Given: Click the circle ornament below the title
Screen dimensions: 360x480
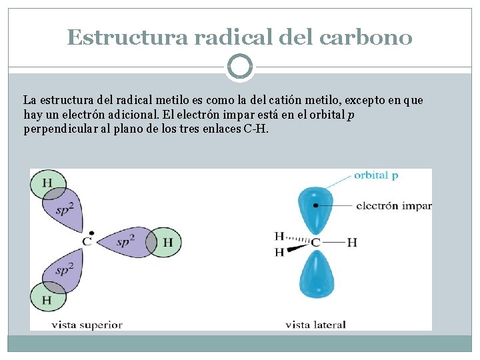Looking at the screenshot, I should (x=240, y=67).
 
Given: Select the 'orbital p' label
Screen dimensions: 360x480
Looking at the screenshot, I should (x=377, y=175).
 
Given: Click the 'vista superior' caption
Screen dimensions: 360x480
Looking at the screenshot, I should (x=87, y=325).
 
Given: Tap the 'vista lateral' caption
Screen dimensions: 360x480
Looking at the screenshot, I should (x=315, y=325).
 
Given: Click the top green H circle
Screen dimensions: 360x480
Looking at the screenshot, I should (x=47, y=183).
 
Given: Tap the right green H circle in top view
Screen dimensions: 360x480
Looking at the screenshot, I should (x=166, y=241).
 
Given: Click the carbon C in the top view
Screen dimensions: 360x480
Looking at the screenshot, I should (x=87, y=241).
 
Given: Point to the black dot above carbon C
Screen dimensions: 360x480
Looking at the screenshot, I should (x=91, y=233).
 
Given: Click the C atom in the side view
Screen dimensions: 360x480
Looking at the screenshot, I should (x=315, y=242).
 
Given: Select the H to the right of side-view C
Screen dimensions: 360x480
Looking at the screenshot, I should (x=352, y=242).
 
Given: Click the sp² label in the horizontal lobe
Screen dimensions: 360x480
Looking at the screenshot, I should (x=126, y=241).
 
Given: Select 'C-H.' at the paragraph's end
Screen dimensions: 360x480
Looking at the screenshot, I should (x=257, y=128).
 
